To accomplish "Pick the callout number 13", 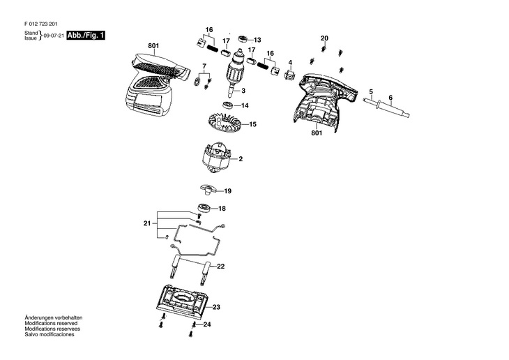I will (x=257, y=40).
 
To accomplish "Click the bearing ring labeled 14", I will (x=227, y=105).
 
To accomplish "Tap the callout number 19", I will (x=228, y=190).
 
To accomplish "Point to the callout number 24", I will (x=207, y=324).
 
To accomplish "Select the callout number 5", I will (x=371, y=92).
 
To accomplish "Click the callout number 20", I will (x=324, y=38).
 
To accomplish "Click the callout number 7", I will (x=204, y=66).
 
